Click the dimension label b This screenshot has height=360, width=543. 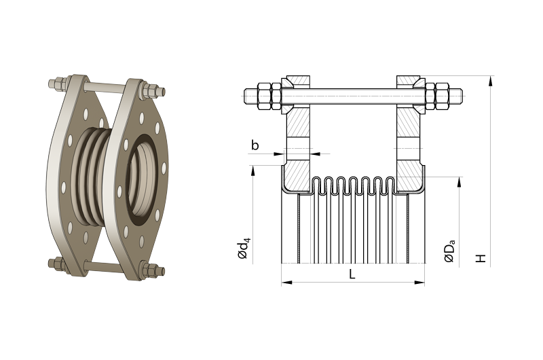pos(255,145)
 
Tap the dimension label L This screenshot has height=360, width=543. pos(352,274)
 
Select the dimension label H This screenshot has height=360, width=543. pos(481,258)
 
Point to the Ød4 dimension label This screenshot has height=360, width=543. pos(243,249)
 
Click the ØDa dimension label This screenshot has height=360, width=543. pos(449,251)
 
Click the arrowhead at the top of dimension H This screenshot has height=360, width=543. pos(490,81)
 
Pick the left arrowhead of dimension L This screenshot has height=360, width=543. pos(286,283)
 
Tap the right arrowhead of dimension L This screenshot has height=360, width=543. pos(419,283)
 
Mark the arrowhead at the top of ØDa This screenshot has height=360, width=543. pos(460,182)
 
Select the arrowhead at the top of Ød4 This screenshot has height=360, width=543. pos(253,170)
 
